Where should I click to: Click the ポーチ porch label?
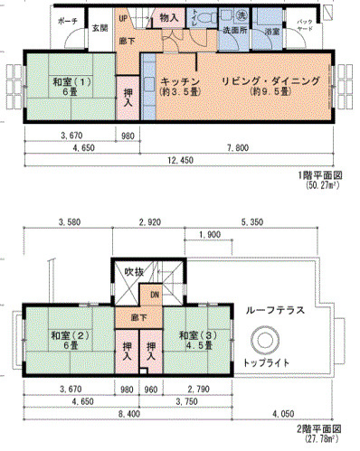click(66, 20)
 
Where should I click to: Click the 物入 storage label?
click(167, 17)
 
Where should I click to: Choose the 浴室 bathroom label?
click(271, 33)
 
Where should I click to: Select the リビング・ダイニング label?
click(270, 81)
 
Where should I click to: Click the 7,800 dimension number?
click(236, 146)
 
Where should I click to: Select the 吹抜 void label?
click(134, 271)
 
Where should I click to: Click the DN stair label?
click(155, 295)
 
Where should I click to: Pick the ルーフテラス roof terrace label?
click(274, 310)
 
